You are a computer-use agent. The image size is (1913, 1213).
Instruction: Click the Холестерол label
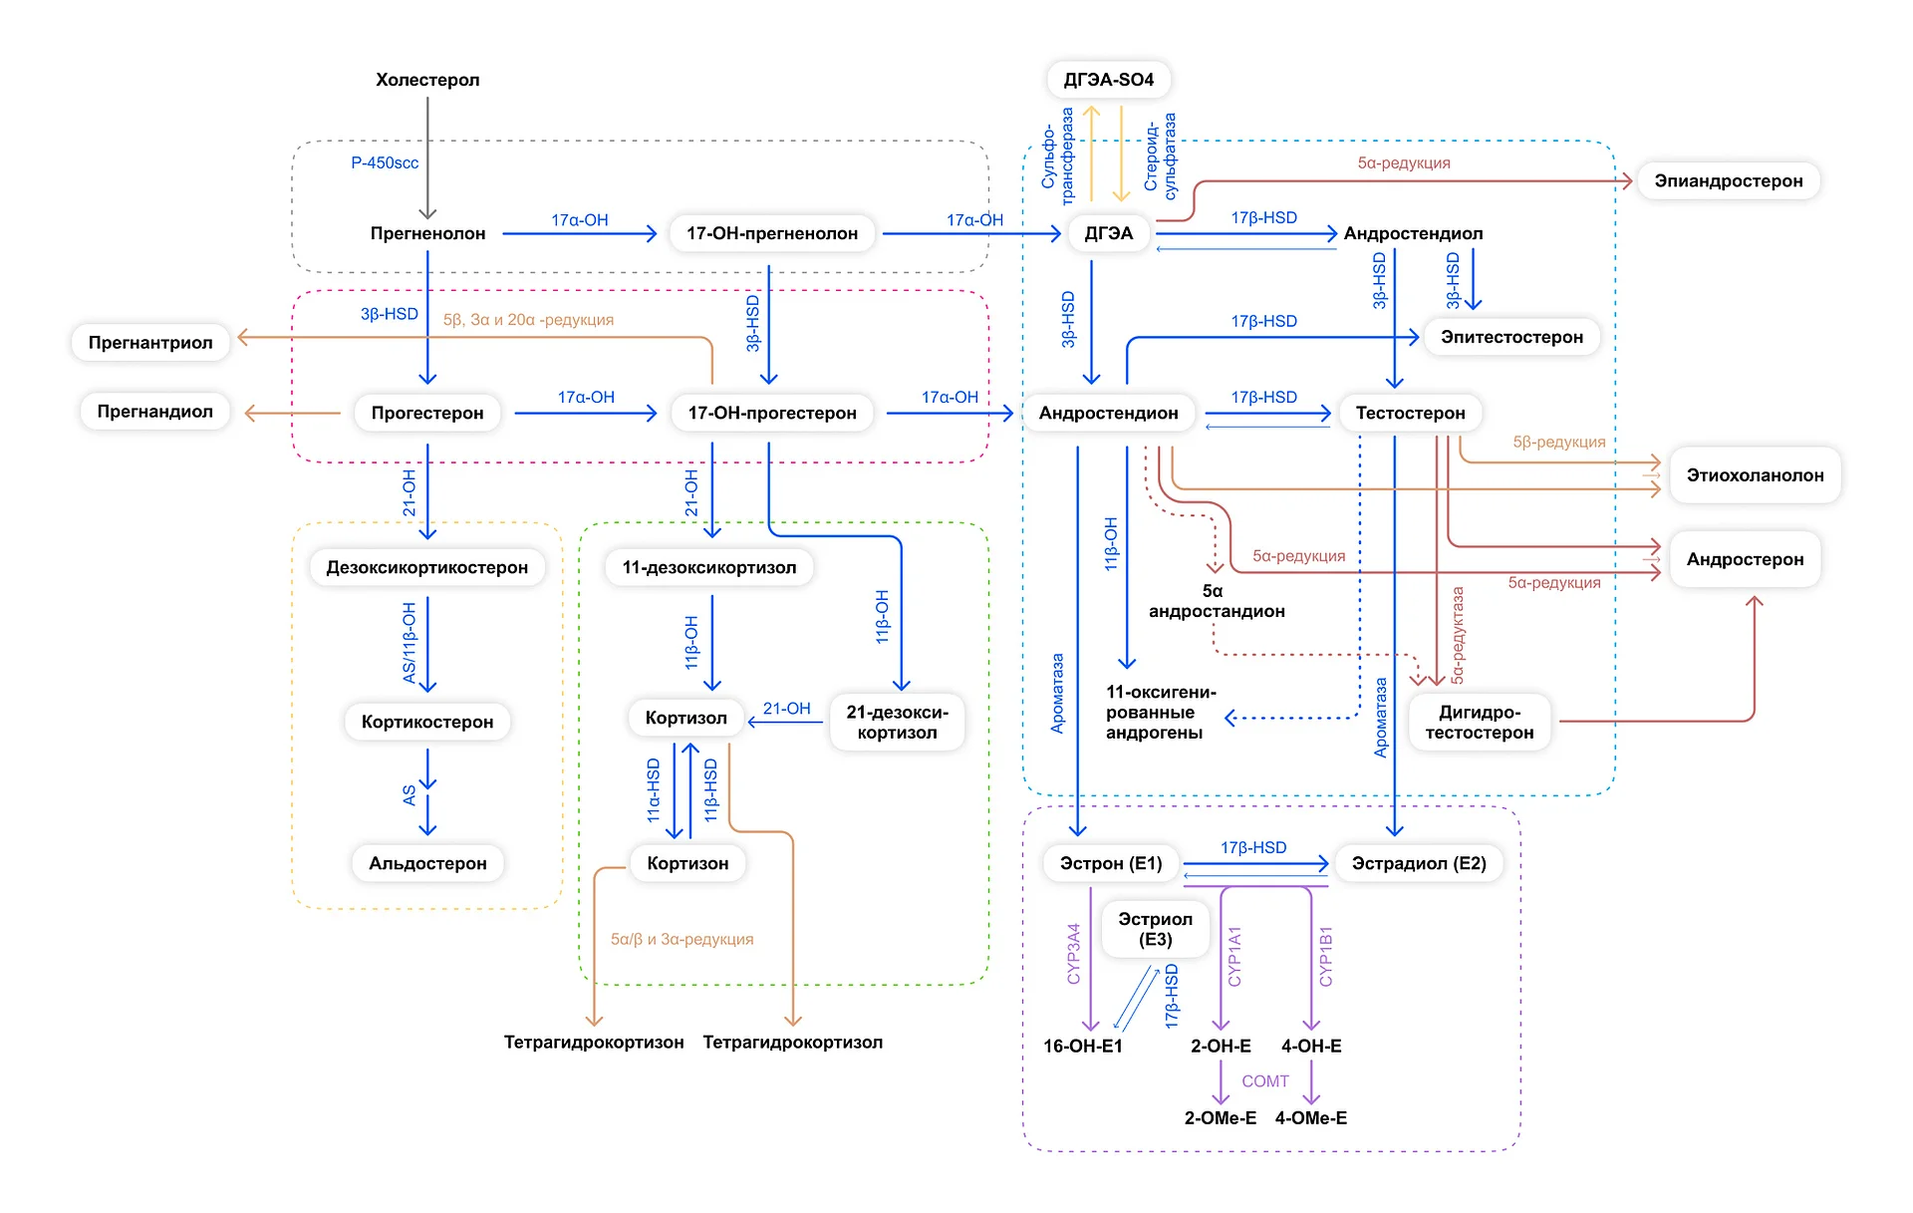tap(427, 80)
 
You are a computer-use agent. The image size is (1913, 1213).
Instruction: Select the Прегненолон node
tap(427, 233)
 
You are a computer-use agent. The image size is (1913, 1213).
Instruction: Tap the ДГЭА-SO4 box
tap(1108, 80)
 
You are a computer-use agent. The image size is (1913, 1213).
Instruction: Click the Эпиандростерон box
tap(1729, 181)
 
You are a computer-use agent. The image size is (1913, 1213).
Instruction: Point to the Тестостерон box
tap(1410, 413)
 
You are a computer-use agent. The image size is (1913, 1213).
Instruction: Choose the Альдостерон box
tap(427, 863)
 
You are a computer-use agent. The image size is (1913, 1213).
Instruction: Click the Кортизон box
tap(687, 863)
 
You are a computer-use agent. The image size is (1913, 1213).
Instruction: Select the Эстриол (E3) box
tap(1155, 929)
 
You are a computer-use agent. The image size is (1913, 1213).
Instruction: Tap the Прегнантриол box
tap(150, 343)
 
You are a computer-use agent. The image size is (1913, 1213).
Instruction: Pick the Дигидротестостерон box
tap(1480, 723)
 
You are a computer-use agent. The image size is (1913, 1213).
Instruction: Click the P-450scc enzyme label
tap(385, 162)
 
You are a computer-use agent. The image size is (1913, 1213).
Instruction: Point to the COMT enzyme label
tap(1265, 1081)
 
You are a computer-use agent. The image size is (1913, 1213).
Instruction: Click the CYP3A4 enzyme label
tap(1074, 954)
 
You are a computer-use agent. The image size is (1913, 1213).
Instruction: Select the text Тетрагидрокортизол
tap(793, 1043)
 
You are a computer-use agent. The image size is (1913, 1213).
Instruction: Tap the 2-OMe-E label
tap(1221, 1118)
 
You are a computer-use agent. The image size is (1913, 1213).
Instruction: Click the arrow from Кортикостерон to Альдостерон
tap(427, 791)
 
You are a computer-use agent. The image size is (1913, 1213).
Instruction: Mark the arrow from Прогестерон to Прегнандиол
tap(293, 413)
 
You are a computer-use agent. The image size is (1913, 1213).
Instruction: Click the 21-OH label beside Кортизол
tap(787, 709)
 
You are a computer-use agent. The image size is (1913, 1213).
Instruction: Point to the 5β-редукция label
tap(1559, 442)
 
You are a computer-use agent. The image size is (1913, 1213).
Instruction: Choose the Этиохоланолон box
tap(1756, 475)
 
